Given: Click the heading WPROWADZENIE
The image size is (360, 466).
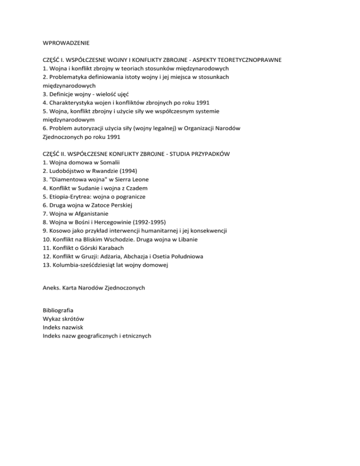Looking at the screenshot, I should [66, 43].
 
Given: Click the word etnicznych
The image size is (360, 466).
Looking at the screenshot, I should [135, 336].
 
